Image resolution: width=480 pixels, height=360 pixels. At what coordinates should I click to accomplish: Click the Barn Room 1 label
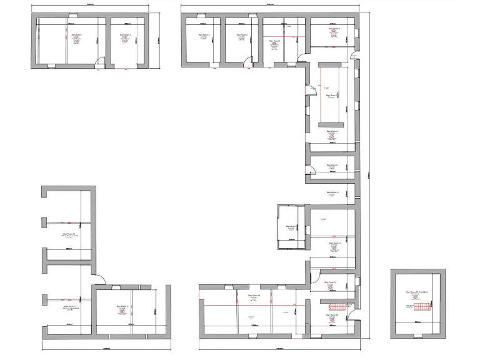[x=76, y=35]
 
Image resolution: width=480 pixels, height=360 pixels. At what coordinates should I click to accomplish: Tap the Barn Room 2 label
[x=125, y=35]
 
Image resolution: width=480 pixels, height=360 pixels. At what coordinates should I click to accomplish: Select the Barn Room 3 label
[x=204, y=35]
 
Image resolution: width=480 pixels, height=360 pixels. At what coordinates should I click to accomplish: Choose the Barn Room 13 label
[x=331, y=282]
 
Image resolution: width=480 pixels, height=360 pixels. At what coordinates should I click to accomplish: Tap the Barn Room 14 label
[x=331, y=315]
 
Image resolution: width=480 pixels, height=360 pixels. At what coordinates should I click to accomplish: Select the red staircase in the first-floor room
[x=421, y=306]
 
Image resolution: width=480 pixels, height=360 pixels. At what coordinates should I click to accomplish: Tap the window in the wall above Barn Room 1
[x=72, y=14]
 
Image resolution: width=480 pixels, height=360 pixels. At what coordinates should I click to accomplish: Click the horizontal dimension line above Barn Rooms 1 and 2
[x=91, y=6]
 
